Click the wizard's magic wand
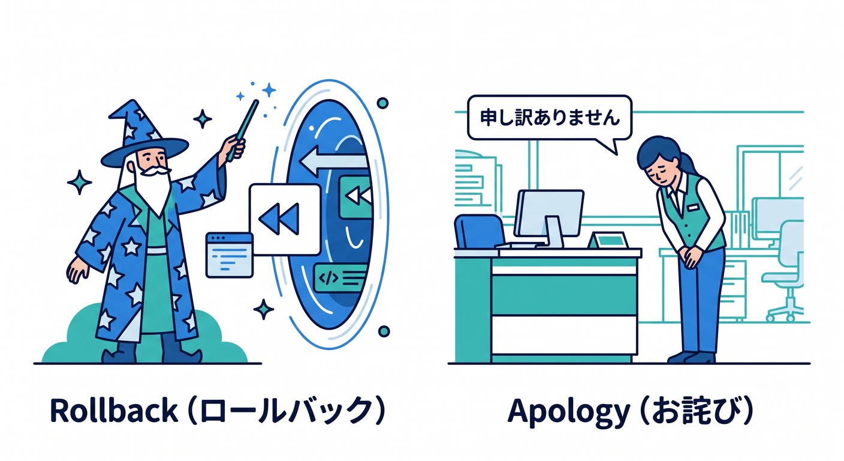click(243, 130)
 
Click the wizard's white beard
click(153, 188)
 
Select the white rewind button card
click(285, 220)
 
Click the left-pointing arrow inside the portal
click(333, 161)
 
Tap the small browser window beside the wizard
click(229, 255)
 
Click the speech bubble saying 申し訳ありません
click(550, 121)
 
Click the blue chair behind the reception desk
click(480, 231)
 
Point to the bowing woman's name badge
click(692, 208)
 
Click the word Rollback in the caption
click(114, 411)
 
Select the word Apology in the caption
click(569, 412)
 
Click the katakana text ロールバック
click(287, 411)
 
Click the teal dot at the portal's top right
click(382, 103)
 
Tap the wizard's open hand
click(77, 270)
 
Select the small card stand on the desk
click(608, 240)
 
